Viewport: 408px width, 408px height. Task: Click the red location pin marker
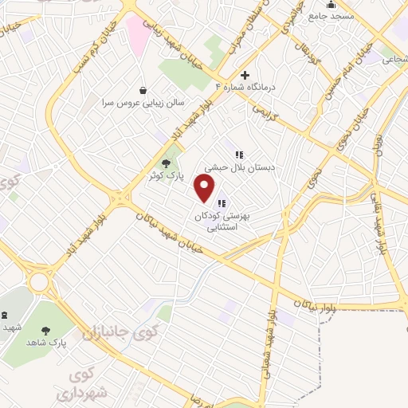[x=205, y=188]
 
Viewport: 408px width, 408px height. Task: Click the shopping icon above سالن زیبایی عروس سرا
[x=143, y=90]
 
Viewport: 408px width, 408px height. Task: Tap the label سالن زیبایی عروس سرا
[x=142, y=104]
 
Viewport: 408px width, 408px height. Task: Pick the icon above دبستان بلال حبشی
[x=238, y=155]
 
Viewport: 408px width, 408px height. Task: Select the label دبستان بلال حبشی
[x=238, y=168]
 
